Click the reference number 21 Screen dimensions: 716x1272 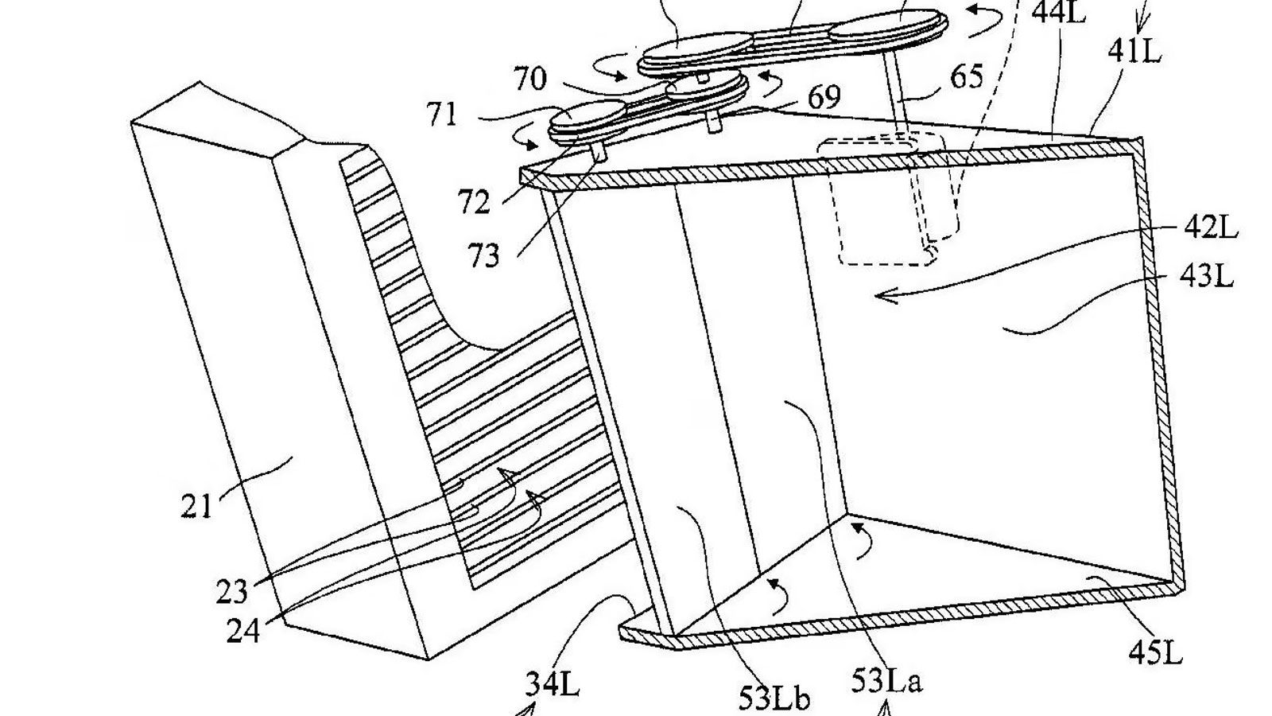tap(196, 505)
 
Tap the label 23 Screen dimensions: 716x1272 tap(231, 592)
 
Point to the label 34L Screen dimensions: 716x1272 tap(552, 684)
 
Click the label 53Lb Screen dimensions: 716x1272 tap(775, 698)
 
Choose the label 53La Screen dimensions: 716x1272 tap(886, 682)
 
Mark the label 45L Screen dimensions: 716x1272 tap(1155, 653)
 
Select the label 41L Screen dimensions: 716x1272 tap(1134, 52)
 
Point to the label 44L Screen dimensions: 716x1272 tap(1058, 13)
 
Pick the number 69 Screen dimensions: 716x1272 tap(824, 98)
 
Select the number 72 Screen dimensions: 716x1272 tap(475, 204)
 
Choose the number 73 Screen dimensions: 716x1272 tap(483, 256)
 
